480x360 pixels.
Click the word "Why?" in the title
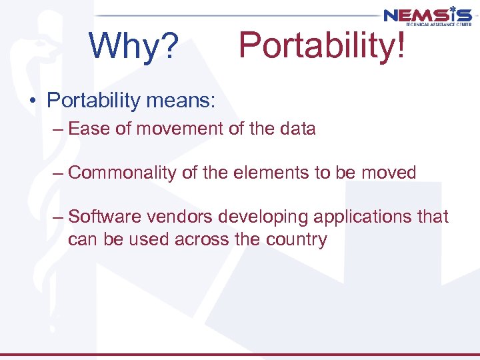pyautogui.click(x=134, y=46)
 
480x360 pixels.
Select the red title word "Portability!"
pyautogui.click(x=321, y=45)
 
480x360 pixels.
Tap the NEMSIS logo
pyautogui.click(x=427, y=15)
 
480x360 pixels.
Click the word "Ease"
pyautogui.click(x=89, y=129)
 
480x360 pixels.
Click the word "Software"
pyautogui.click(x=107, y=217)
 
